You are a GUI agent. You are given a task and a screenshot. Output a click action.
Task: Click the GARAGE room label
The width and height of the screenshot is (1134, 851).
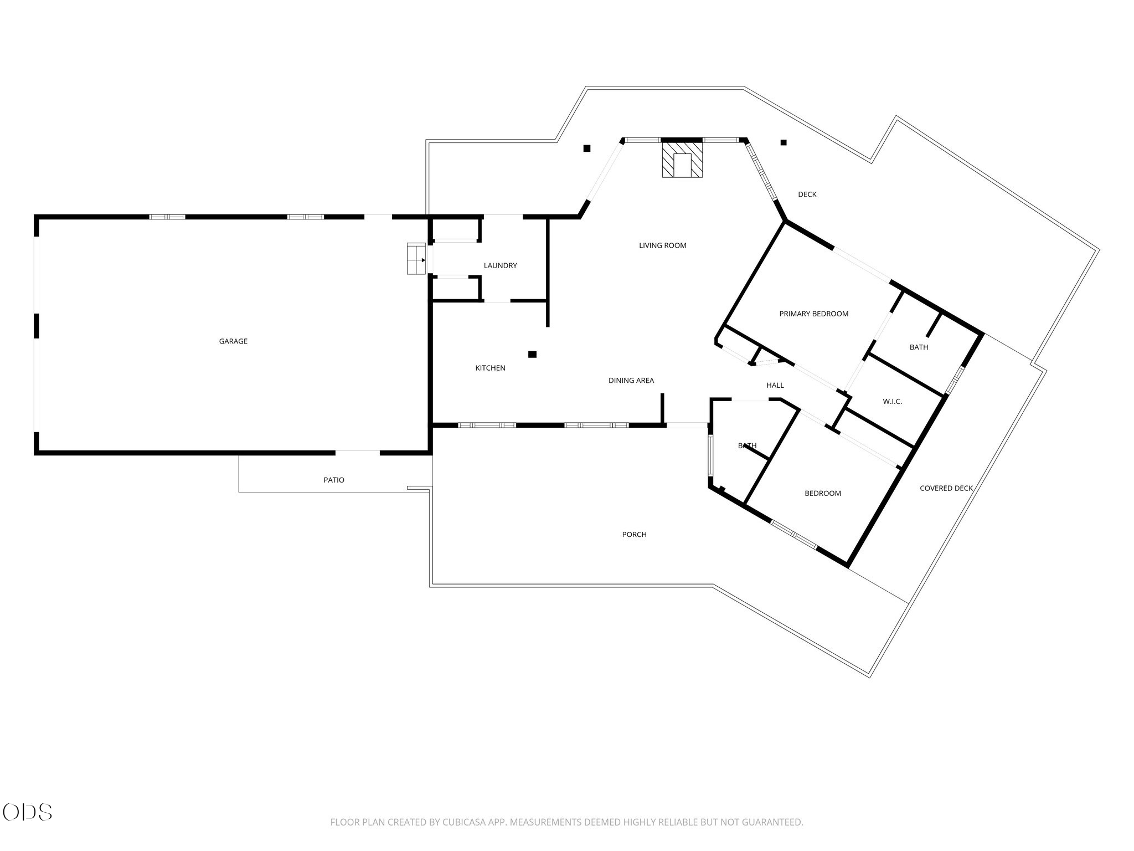point(233,341)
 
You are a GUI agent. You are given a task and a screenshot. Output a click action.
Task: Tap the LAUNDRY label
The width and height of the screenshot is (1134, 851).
point(500,265)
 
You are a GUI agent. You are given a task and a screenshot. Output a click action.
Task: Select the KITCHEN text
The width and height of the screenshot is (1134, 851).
point(490,368)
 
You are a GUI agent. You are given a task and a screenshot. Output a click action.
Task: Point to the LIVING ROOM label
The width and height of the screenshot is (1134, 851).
point(662,245)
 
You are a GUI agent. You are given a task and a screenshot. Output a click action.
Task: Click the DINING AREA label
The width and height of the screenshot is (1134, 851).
point(631,381)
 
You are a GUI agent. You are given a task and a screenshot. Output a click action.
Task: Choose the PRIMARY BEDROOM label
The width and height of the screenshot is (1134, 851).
point(813,314)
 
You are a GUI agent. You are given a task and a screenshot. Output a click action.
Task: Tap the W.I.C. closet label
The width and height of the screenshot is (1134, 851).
point(892,402)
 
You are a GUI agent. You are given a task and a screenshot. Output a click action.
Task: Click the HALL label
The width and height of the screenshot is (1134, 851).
point(775,385)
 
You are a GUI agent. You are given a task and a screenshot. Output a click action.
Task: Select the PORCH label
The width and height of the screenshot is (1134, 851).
point(634,535)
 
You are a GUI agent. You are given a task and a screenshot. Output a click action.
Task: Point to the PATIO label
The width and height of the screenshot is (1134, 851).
point(334,480)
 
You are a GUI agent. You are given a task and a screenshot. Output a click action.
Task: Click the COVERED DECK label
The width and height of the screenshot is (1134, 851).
point(946,488)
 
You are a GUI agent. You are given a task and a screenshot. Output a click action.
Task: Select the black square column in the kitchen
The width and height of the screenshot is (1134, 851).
point(532,354)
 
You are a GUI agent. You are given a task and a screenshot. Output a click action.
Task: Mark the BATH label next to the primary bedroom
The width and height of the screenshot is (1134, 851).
point(919,347)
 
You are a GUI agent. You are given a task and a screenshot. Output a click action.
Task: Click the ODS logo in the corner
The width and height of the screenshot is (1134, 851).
point(27,812)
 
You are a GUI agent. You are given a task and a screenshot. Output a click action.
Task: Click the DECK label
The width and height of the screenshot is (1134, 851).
point(807,194)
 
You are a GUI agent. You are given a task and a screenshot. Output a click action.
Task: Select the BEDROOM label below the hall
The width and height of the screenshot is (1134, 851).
point(822,493)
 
